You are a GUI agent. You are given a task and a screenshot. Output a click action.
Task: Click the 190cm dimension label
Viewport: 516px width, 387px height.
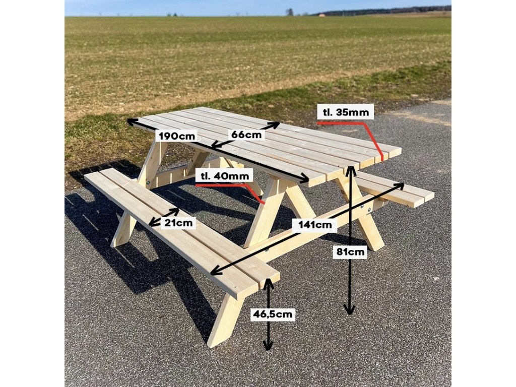click(177, 136)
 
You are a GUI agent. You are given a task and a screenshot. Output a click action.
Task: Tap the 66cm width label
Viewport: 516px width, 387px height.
click(246, 135)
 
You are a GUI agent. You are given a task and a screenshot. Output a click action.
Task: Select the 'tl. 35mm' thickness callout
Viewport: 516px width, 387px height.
click(346, 112)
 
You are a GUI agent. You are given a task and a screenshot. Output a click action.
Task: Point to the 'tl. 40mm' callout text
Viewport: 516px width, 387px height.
click(225, 176)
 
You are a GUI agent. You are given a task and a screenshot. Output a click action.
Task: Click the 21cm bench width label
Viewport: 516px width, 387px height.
click(178, 223)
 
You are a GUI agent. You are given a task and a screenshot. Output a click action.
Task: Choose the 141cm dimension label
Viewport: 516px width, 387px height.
click(315, 225)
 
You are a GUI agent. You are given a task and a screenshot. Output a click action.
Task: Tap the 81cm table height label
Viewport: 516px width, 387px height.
click(350, 252)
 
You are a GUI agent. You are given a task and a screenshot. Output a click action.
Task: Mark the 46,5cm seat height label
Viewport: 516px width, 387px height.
click(273, 314)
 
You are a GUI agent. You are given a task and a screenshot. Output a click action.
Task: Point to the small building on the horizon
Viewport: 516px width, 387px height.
click(322, 15)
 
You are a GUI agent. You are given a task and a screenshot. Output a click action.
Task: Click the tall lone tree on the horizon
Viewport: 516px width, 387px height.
click(290, 12)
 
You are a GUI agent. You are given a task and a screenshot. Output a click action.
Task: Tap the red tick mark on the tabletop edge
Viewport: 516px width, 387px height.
click(382, 157)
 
